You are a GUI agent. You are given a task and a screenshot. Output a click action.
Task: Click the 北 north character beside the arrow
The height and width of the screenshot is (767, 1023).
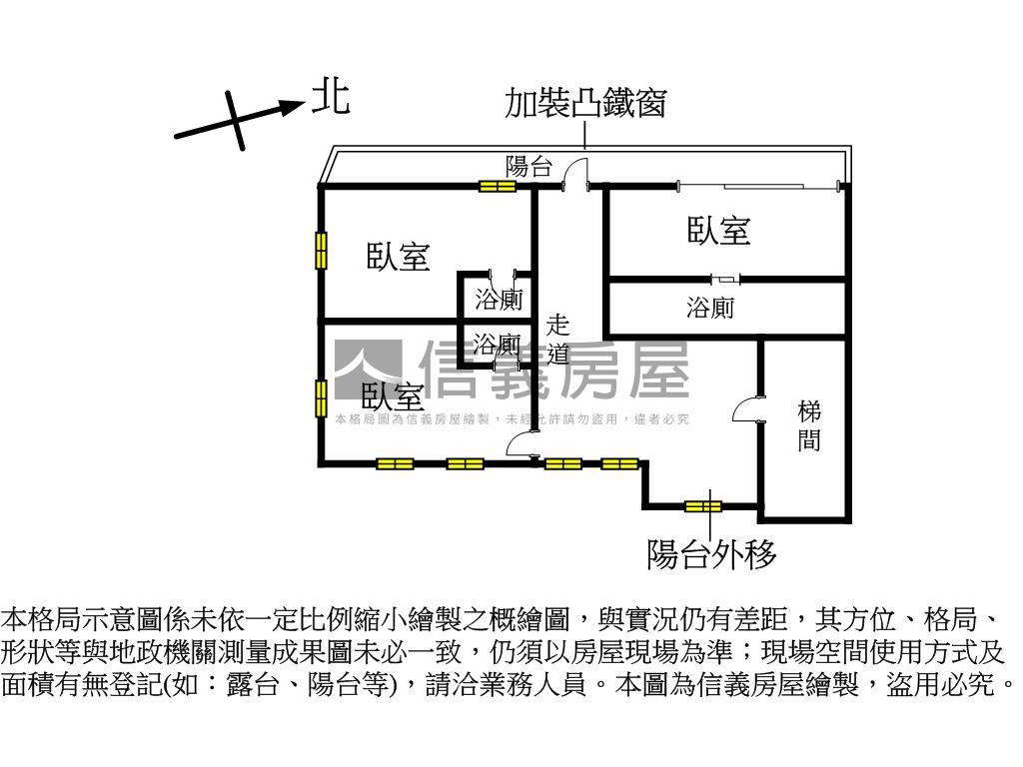(331, 98)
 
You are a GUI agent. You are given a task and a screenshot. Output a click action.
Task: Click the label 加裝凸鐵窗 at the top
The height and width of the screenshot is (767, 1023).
(585, 103)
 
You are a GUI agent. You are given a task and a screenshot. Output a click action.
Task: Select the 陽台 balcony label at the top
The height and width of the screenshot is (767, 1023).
(528, 167)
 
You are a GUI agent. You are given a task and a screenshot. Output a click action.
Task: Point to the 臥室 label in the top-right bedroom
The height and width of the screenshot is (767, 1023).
(718, 231)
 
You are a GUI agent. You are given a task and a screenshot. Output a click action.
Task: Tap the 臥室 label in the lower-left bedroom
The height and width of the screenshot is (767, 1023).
(393, 396)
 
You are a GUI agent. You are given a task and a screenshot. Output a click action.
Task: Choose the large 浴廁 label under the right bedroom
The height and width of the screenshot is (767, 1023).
(710, 309)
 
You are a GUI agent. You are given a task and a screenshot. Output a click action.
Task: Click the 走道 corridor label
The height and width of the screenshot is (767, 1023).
(557, 339)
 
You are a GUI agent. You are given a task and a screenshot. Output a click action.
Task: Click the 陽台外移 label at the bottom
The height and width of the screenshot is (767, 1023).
(711, 554)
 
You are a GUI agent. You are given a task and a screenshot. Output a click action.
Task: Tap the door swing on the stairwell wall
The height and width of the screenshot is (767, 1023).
(748, 410)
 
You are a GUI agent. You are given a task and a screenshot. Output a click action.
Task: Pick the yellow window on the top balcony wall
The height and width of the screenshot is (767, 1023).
(497, 186)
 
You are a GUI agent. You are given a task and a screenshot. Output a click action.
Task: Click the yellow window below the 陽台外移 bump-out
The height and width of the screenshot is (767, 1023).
(702, 506)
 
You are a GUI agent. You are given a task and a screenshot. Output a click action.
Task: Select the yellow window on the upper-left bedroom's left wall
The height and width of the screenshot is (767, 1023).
(321, 250)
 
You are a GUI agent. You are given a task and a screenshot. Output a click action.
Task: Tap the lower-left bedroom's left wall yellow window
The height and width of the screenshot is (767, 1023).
(321, 398)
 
